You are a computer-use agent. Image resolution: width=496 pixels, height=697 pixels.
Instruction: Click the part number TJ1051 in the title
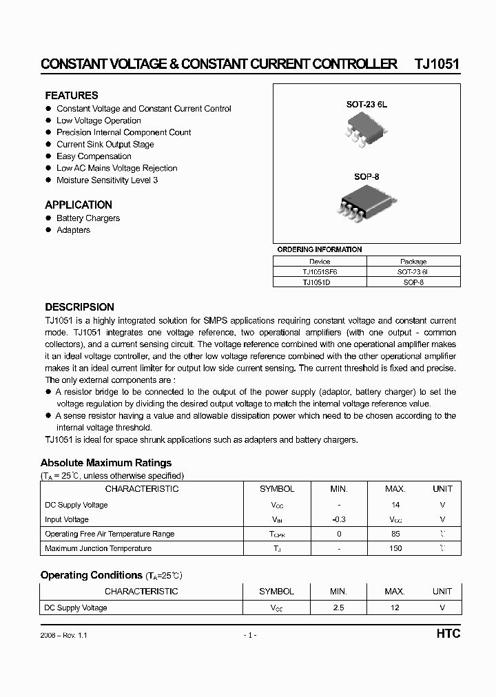(437, 64)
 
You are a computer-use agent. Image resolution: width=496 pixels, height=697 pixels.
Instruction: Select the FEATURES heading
(72, 96)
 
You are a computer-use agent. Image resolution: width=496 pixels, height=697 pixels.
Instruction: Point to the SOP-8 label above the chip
(366, 176)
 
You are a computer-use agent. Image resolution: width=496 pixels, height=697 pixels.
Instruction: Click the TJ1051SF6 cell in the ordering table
(320, 272)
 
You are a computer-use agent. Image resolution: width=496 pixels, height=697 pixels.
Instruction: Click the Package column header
(413, 262)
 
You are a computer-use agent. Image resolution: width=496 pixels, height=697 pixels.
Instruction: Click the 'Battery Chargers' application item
(88, 218)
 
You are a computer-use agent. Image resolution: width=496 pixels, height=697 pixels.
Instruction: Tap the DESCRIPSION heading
(79, 307)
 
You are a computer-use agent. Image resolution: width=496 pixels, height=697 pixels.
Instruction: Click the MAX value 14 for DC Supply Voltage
(395, 505)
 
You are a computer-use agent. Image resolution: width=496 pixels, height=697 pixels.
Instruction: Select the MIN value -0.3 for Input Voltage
(338, 519)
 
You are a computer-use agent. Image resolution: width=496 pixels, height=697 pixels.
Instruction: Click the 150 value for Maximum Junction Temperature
(395, 548)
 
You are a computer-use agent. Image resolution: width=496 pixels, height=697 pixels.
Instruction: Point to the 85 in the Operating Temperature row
(395, 534)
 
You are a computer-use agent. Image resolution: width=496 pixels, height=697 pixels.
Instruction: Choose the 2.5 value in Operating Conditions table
(338, 608)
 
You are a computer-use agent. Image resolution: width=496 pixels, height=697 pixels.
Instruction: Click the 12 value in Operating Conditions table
(395, 608)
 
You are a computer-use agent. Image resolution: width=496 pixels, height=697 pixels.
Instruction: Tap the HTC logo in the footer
(448, 634)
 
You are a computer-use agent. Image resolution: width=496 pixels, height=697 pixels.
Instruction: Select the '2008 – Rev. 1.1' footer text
(64, 635)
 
